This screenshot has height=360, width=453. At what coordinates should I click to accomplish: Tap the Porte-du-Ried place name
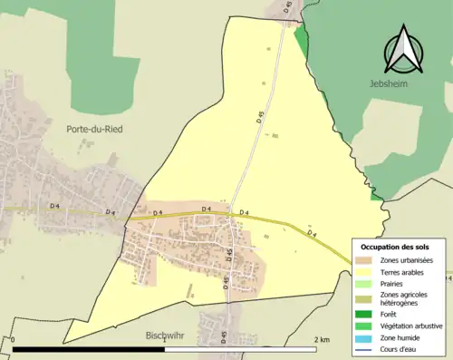click(x=94, y=130)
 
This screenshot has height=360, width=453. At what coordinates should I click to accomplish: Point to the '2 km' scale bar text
click(x=323, y=340)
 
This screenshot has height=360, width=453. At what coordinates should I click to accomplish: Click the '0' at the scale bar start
click(x=14, y=340)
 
